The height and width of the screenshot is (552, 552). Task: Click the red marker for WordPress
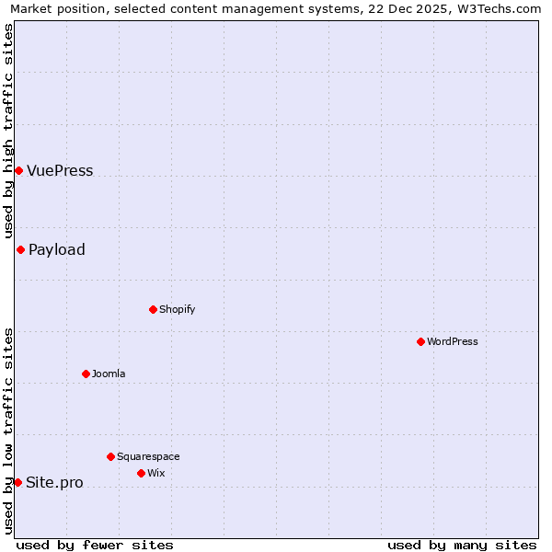point(420,341)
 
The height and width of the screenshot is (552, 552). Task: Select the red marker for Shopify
point(153,309)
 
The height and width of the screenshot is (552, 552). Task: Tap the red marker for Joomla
point(86,374)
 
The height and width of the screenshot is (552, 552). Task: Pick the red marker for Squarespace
point(110,456)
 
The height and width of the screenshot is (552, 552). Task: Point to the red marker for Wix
point(141,473)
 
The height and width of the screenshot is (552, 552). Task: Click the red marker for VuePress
point(18,170)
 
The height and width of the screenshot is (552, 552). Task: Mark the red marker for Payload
point(20,249)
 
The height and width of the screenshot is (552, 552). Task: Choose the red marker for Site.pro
point(17,482)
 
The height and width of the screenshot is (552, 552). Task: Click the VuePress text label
point(60,171)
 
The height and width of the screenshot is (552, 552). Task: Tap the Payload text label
point(57,250)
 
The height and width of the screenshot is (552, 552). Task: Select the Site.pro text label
point(54,483)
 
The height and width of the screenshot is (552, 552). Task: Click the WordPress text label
point(453,342)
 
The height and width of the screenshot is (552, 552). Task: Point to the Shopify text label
point(178,310)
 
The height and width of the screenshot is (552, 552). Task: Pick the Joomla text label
point(109,374)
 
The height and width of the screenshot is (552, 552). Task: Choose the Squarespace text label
point(148,457)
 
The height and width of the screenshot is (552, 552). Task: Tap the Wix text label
point(156,474)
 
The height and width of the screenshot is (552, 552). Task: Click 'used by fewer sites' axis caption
point(95,545)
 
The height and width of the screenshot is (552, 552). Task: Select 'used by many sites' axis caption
point(462,545)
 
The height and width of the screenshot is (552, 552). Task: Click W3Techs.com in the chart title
point(497,9)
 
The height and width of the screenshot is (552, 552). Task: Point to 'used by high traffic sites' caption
point(9,131)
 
